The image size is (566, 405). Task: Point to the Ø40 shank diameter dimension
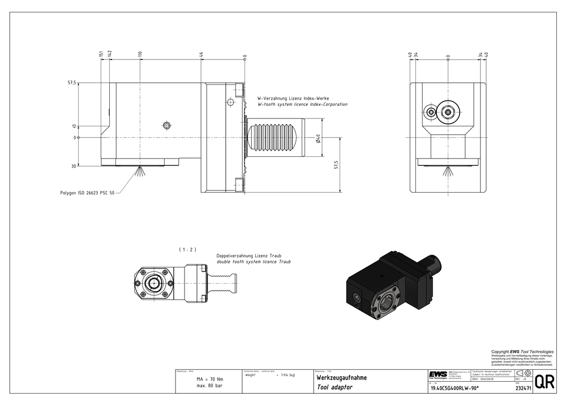pos(319,138)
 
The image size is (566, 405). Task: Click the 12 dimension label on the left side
pos(74,126)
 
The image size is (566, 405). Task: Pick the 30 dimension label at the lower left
pos(74,166)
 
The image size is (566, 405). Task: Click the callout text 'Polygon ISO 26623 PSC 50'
pos(87,193)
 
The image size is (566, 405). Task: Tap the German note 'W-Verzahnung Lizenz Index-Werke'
pos(293,98)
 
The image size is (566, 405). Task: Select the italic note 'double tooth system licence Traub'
pos(254,262)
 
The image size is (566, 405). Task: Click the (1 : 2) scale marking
pos(187,249)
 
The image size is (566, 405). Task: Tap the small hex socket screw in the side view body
pos(166,125)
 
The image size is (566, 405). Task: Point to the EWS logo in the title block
pos(437,375)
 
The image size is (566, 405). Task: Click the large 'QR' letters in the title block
pos(544,382)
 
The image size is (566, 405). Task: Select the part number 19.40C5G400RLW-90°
pos(454,387)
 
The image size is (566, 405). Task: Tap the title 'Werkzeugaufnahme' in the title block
pos(341,377)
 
